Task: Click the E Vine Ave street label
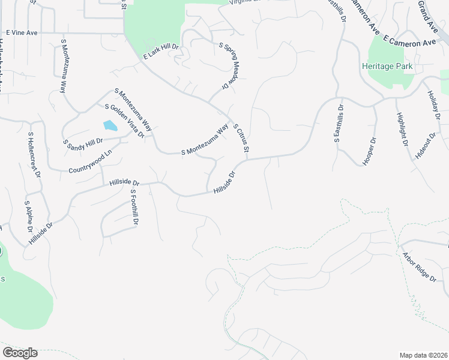pos(22,32)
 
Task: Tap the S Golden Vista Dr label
pos(125,121)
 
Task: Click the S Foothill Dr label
pos(134,208)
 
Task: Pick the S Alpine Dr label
pos(28,217)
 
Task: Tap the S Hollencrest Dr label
pos(34,155)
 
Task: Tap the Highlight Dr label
pos(402,130)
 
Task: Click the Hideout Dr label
pos(424,145)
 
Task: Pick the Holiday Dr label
pos(433,104)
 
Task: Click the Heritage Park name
pos(387,66)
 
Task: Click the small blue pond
pos(110,125)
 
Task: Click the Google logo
pos(20,353)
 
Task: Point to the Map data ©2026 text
pos(423,355)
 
